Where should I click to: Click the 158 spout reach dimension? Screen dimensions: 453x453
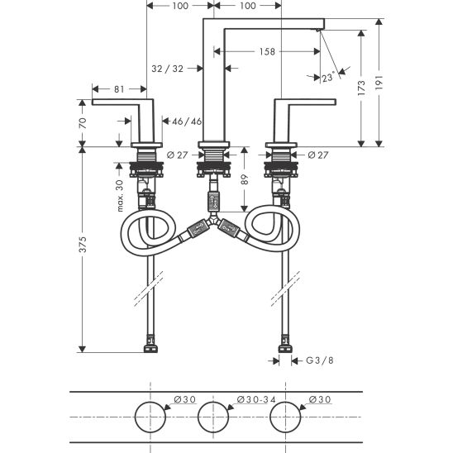click(x=267, y=52)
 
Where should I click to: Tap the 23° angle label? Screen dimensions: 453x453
click(x=328, y=77)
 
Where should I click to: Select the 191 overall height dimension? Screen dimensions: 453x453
click(x=379, y=83)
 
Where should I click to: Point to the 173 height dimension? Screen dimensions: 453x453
click(x=361, y=88)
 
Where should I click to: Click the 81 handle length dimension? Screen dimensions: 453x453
click(x=119, y=89)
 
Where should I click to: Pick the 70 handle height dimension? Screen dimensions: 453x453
click(x=83, y=123)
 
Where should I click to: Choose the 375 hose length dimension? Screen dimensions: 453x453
click(x=83, y=245)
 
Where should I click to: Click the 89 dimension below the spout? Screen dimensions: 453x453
click(x=245, y=179)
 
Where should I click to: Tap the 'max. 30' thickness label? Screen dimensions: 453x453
click(x=120, y=196)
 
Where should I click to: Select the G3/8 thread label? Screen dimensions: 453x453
click(x=320, y=360)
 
